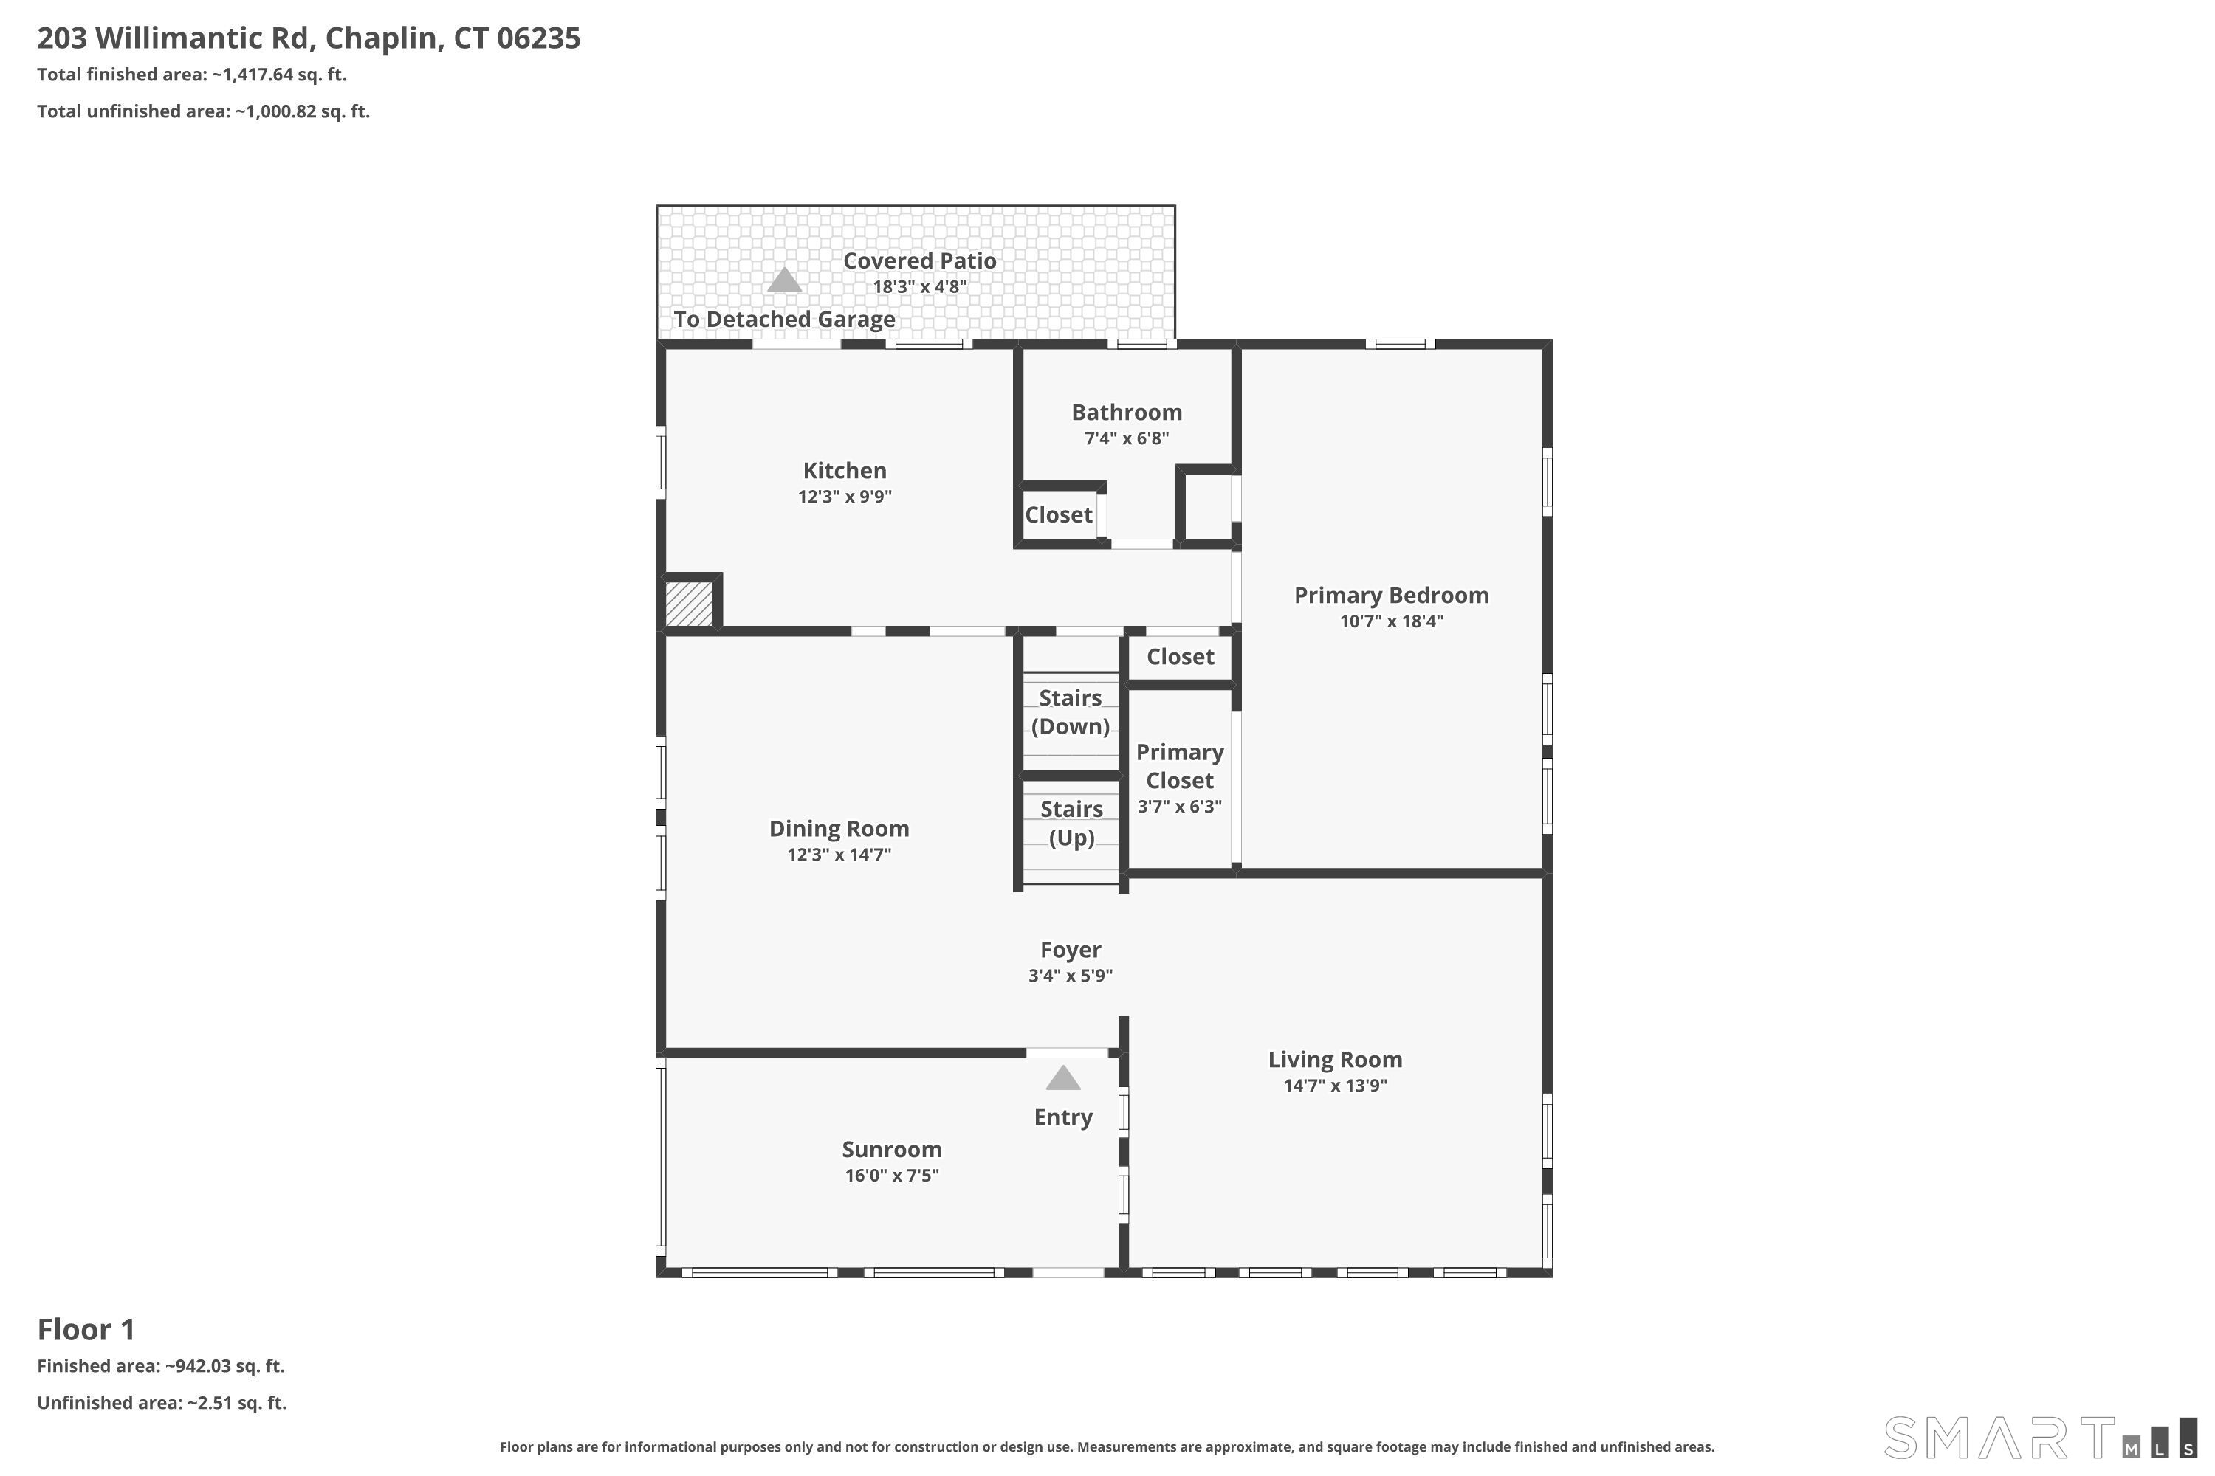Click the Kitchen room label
845,471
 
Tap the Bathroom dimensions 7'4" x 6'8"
1127,438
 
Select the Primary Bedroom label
1391,596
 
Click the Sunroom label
892,1149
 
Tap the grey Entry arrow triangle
1063,1077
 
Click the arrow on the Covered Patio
784,280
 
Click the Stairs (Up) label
1072,824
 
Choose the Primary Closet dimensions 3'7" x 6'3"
1180,807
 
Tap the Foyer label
1071,951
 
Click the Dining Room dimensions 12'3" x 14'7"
839,855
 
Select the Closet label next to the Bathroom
1059,515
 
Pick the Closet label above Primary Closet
1180,657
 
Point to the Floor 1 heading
86,1330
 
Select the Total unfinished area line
204,112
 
